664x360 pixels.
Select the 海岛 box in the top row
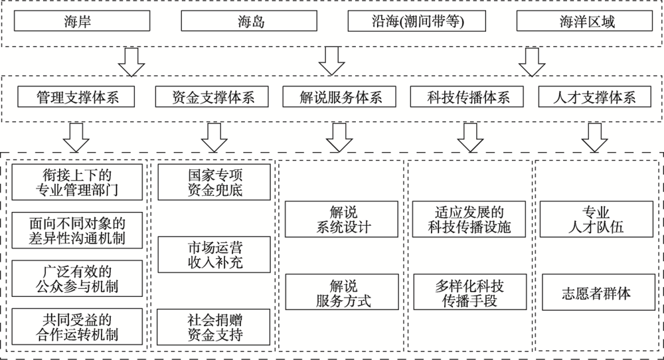coord(250,22)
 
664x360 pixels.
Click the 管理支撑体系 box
coord(77,97)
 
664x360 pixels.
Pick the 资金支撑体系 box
coord(204,97)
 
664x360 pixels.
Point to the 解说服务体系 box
coord(332,97)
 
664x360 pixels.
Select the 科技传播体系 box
coord(459,97)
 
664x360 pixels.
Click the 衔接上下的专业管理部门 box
coord(78,183)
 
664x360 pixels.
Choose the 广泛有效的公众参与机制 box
coord(78,278)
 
